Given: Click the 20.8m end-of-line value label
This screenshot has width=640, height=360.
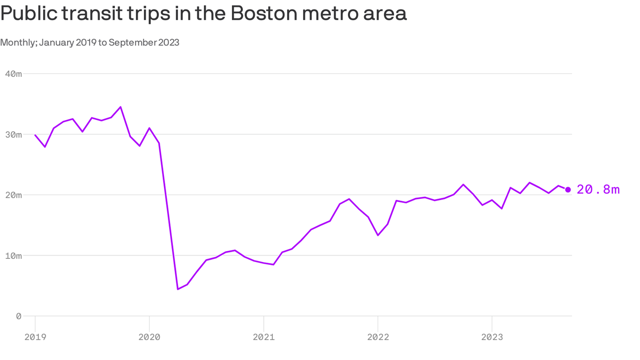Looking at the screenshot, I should coord(598,189).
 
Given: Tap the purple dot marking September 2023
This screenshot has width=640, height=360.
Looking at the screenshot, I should coord(568,189).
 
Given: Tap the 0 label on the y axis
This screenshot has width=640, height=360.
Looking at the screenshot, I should coord(19,316).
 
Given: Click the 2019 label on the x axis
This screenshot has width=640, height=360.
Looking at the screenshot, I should coord(35,337).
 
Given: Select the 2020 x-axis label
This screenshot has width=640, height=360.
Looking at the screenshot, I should coord(149,337).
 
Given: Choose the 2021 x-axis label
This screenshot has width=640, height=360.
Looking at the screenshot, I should coord(264,337).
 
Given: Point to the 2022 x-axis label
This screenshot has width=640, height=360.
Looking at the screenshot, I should coord(378,337).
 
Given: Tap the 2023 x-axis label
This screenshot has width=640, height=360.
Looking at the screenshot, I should coord(491,337).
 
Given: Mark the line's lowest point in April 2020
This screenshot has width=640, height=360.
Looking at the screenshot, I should coord(178,289).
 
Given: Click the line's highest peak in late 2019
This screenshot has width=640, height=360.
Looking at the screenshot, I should coord(121,107).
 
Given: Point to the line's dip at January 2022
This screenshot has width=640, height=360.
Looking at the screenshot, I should coord(378,235).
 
